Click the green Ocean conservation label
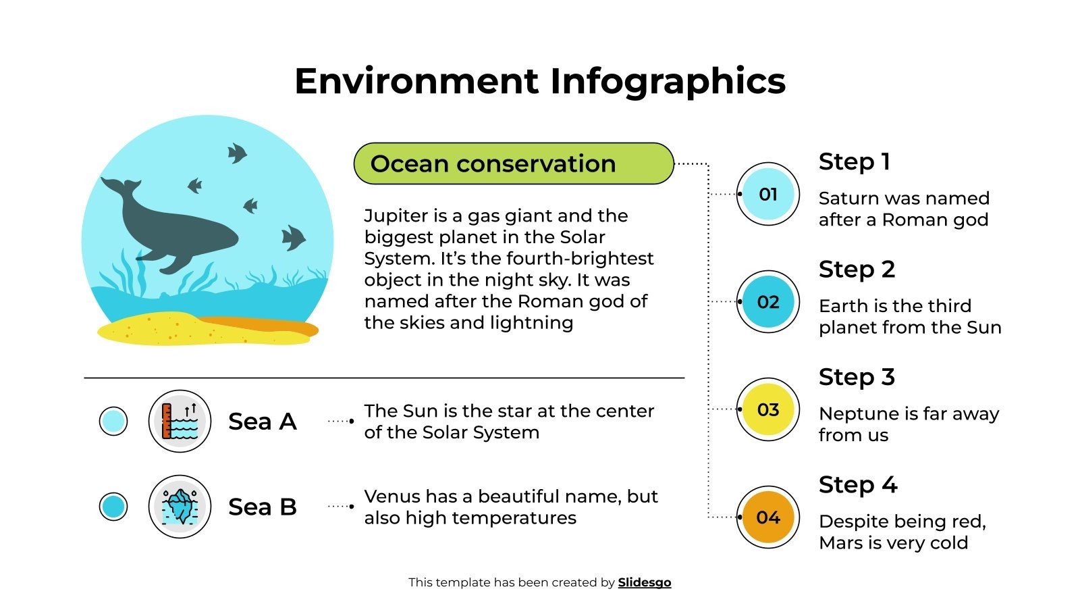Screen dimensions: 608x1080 coord(513,163)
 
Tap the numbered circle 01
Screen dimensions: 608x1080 coord(767,195)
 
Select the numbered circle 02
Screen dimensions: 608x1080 coord(767,302)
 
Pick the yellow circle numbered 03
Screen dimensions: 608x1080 coord(767,409)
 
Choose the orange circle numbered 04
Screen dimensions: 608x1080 coord(767,517)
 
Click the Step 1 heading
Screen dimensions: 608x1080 coord(854,162)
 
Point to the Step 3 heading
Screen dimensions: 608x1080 coord(857,378)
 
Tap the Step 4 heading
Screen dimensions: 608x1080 coord(857,485)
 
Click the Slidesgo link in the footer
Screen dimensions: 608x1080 coord(644,582)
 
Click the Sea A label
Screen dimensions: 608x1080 coord(263,422)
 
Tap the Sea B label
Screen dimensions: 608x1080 coord(263,507)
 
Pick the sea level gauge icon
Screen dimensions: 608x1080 coord(180,422)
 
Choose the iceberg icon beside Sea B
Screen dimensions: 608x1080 coord(180,507)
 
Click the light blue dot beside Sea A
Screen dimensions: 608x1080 coord(113,422)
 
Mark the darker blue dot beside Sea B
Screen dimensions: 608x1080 coord(113,507)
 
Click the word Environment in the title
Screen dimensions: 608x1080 coord(416,81)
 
